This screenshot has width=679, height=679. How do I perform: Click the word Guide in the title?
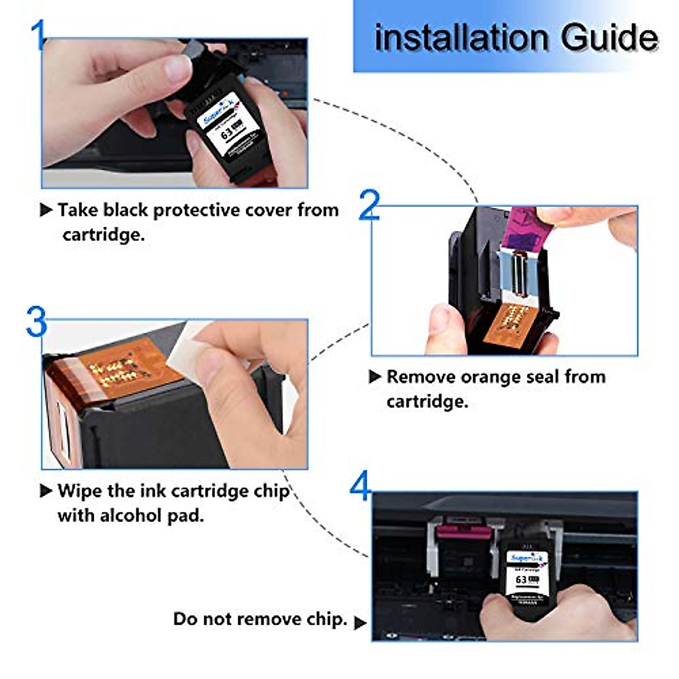coord(609,38)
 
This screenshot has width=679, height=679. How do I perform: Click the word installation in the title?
coord(462,37)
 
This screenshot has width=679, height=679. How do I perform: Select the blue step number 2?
coord(369,205)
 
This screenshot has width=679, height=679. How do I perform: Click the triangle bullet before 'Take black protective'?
coord(46,210)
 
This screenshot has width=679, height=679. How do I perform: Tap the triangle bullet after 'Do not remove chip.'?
coord(360,623)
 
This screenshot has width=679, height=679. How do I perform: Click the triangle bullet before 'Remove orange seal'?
coord(375,377)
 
